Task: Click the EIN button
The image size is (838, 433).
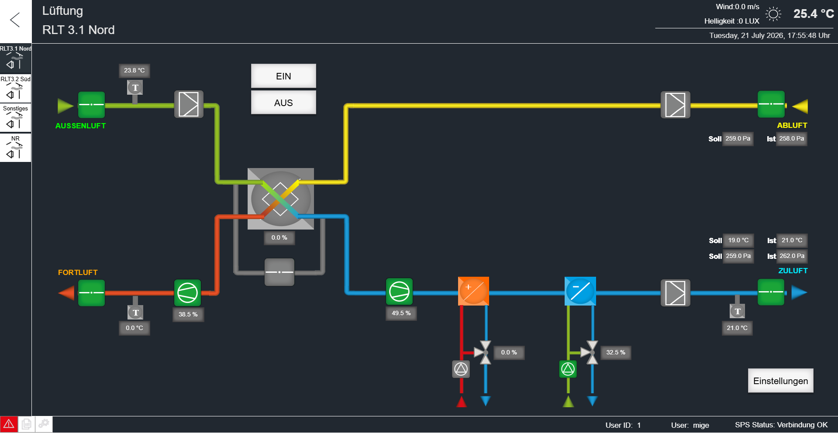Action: click(283, 76)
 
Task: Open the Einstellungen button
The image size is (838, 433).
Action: click(780, 381)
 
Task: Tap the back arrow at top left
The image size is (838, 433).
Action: click(15, 20)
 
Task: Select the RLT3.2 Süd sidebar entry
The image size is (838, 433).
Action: click(16, 88)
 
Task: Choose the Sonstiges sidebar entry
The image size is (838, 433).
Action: click(16, 118)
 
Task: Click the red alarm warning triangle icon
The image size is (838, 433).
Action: click(9, 424)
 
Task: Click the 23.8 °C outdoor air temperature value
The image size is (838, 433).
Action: click(134, 71)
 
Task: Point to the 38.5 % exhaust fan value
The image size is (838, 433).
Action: click(188, 314)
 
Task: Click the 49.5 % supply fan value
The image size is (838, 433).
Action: click(401, 313)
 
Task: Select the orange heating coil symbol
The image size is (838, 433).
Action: click(473, 291)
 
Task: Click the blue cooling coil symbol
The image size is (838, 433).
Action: click(580, 291)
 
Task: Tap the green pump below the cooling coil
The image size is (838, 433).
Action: click(568, 369)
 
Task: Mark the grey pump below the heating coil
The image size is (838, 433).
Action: click(461, 369)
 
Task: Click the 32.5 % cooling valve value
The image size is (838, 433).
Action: click(616, 353)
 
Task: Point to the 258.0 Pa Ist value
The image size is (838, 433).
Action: click(792, 139)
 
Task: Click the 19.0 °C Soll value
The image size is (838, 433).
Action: click(738, 241)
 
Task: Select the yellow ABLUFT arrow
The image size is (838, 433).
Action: click(800, 106)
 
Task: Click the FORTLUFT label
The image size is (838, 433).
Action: click(78, 272)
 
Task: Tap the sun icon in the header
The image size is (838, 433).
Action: click(773, 14)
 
